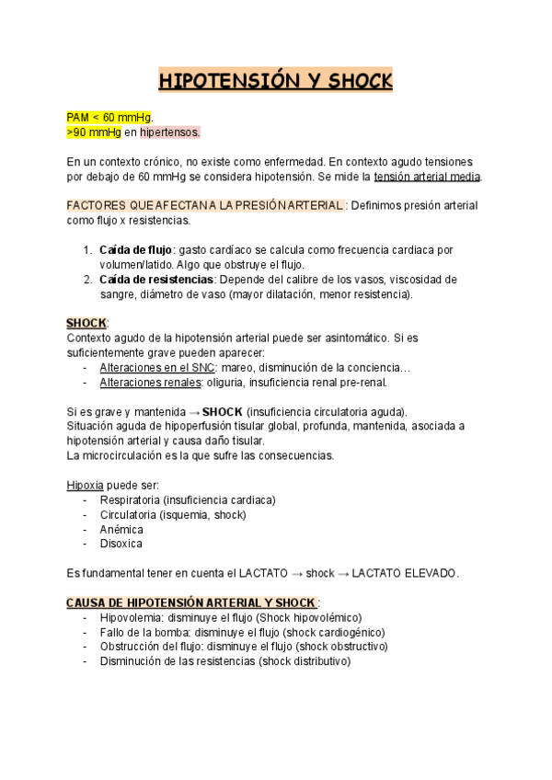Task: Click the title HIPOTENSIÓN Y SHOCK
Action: [276, 82]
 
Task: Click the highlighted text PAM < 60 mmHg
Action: [109, 118]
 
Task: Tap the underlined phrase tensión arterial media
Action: [426, 177]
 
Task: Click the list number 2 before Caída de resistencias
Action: [86, 280]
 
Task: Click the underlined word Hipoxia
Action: [86, 485]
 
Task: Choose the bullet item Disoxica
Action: [121, 544]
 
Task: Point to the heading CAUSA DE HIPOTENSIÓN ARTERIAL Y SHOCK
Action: [190, 602]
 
